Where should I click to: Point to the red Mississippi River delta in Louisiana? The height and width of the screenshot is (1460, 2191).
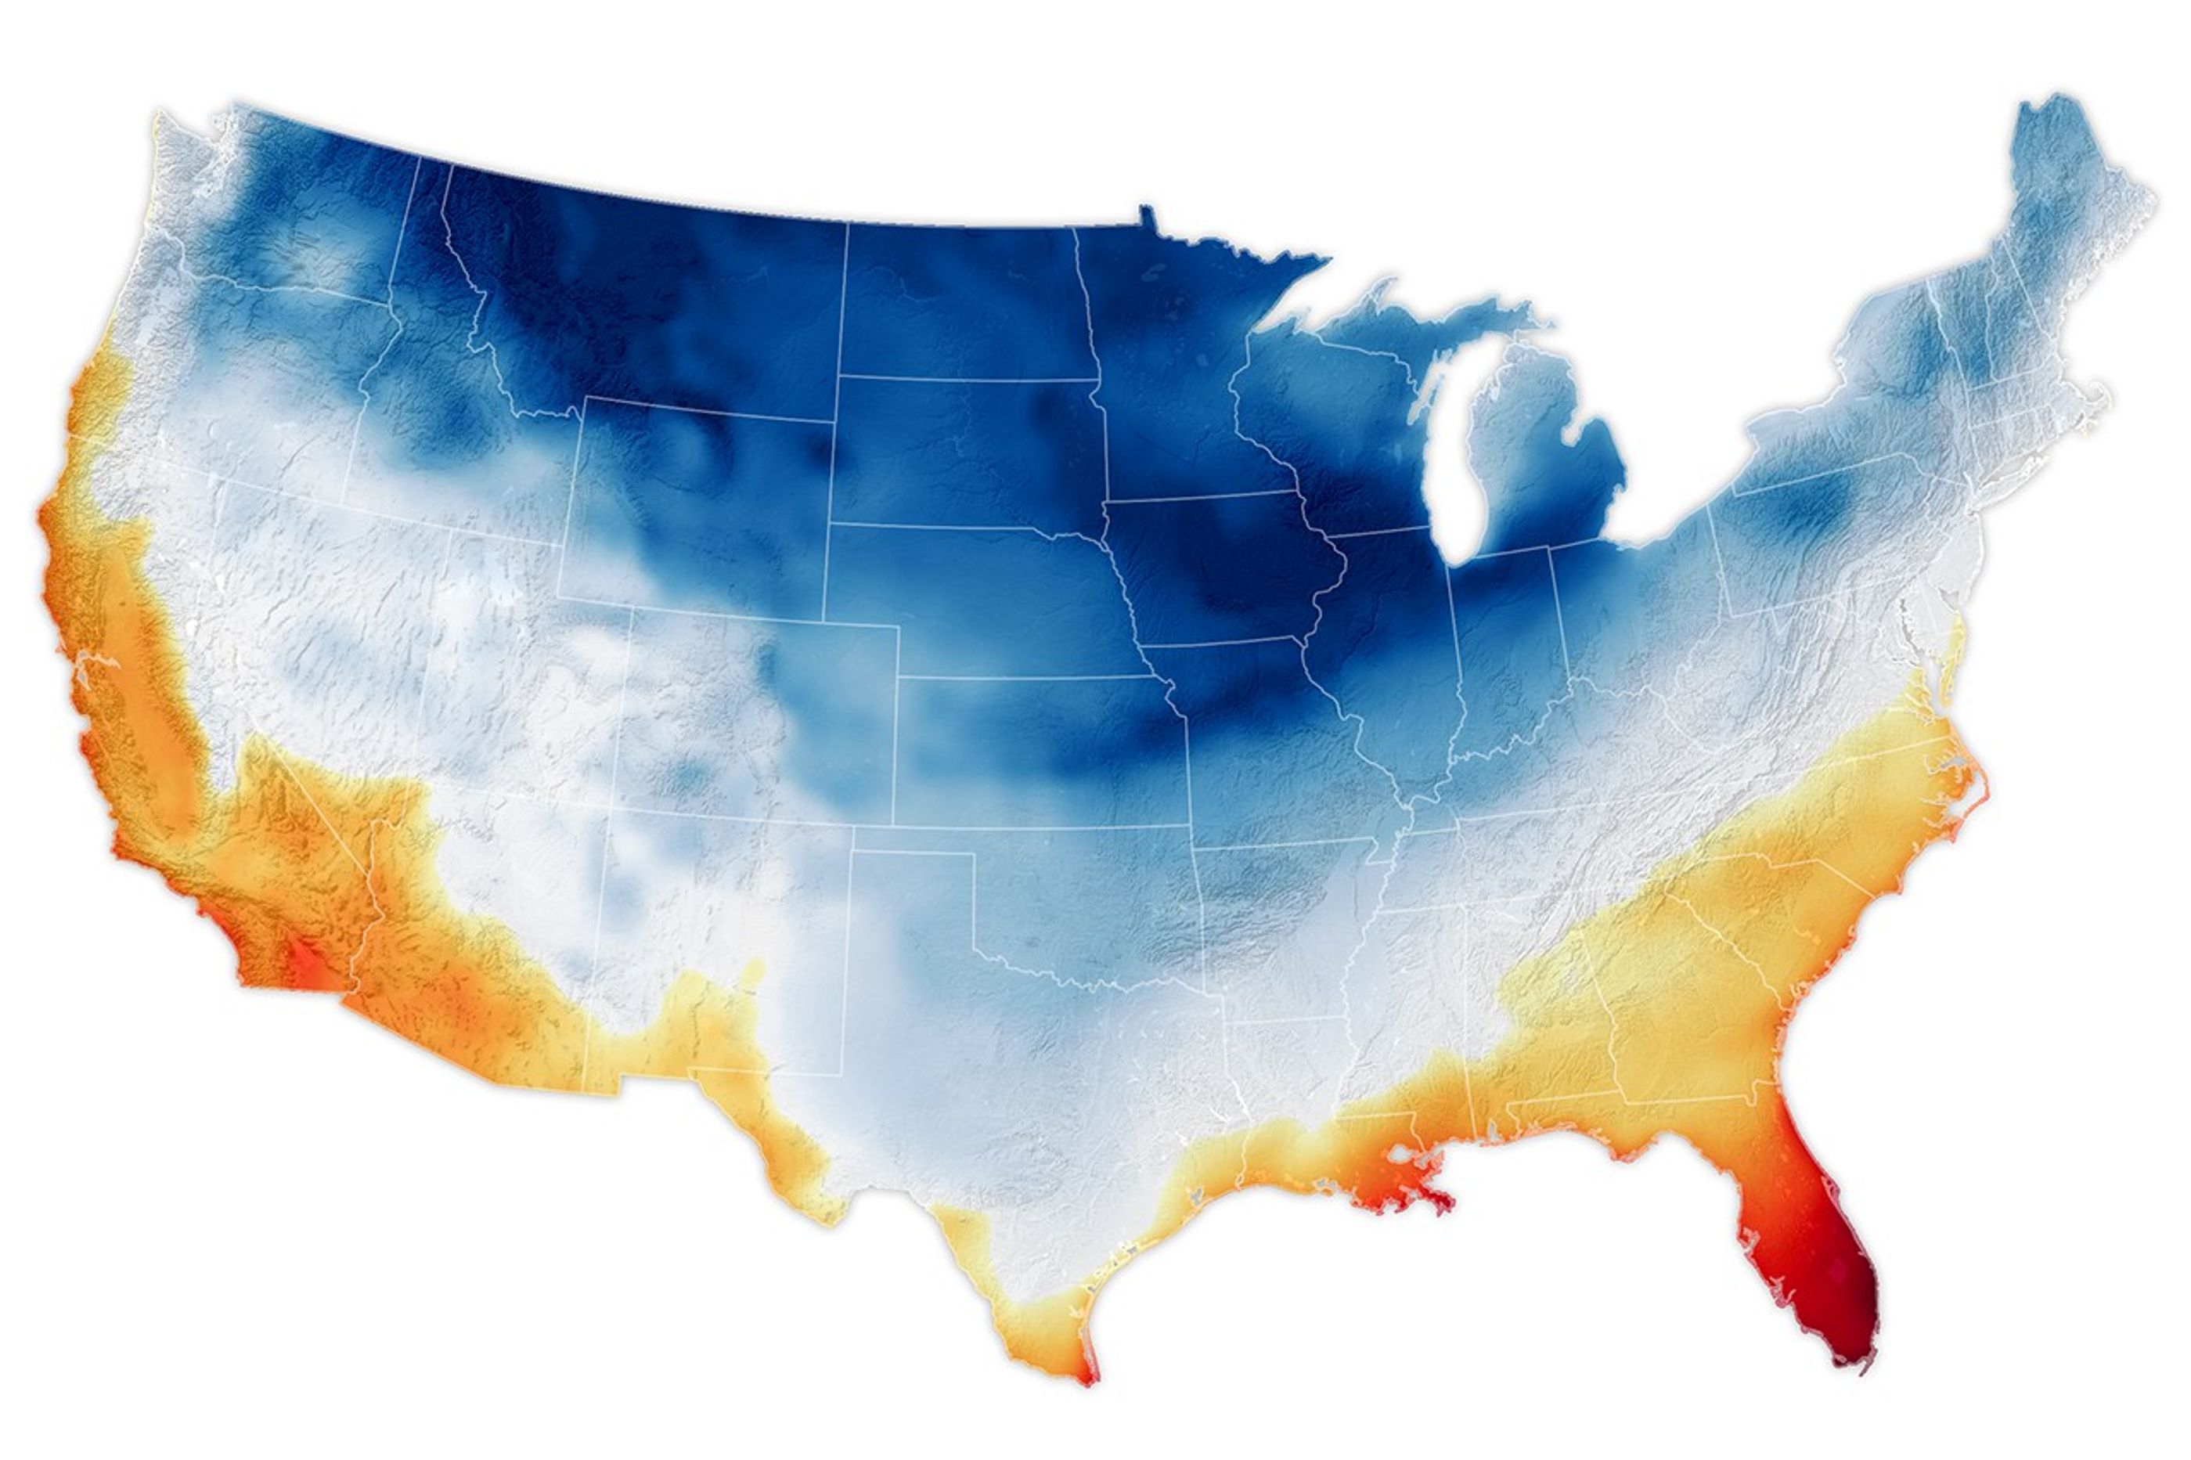click(x=1438, y=1201)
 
